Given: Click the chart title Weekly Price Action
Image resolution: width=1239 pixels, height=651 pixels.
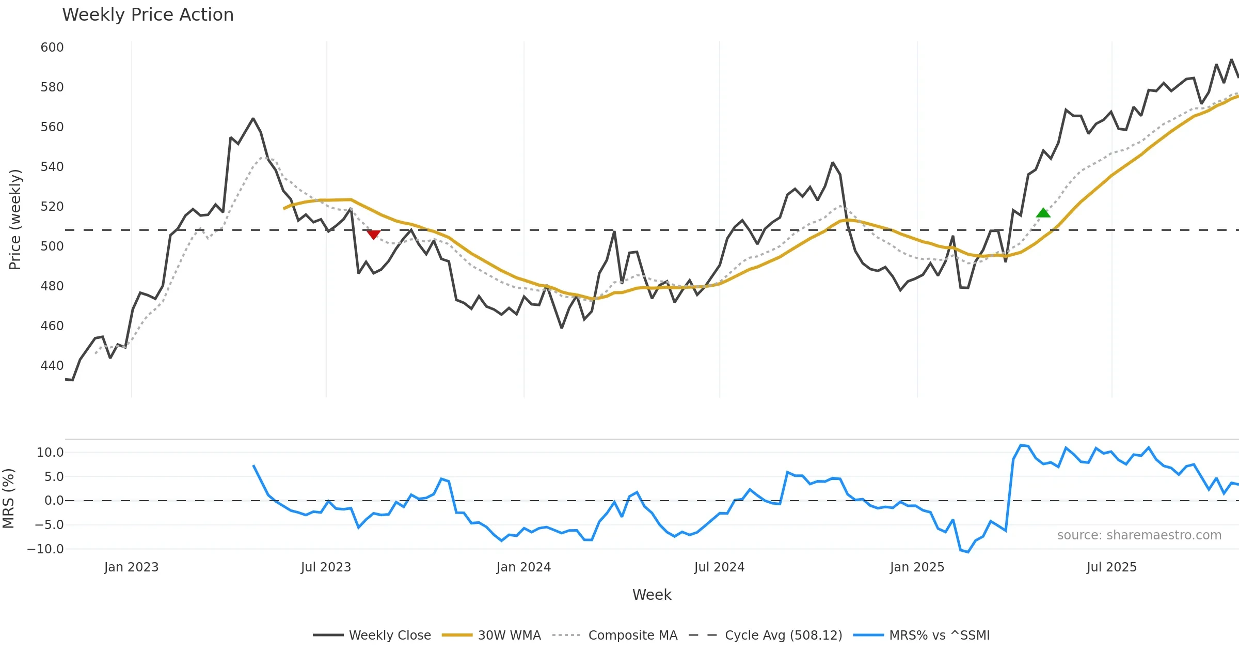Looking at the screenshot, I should tap(148, 14).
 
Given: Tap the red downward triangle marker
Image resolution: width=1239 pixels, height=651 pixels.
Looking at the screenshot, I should tap(373, 235).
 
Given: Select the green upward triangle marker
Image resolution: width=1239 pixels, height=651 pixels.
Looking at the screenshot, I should tap(1043, 213).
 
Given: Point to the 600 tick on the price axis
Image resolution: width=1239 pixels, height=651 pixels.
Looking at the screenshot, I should tap(52, 48).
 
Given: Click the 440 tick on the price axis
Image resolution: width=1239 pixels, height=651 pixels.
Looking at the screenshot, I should tap(52, 366).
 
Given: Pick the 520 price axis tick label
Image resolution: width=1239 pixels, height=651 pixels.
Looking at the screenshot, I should tap(52, 207).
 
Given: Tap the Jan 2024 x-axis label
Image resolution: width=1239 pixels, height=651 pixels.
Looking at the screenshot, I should tap(523, 567).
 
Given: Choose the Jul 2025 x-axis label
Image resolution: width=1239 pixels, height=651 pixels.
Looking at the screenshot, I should tap(1111, 567).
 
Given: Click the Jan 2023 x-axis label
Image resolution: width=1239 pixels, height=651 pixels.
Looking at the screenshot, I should tap(131, 567).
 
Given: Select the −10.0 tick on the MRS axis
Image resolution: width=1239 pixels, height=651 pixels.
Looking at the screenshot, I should tap(45, 549).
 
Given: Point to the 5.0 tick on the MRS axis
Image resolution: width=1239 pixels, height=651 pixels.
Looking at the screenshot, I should tap(54, 477).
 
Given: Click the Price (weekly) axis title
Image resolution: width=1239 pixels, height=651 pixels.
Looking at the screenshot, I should tap(15, 220).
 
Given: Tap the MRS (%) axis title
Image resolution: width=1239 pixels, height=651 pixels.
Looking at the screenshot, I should tap(8, 499).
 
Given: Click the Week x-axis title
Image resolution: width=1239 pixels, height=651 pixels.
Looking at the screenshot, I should tap(652, 595).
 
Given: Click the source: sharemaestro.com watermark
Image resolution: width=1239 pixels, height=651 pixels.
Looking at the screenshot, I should tap(1139, 535).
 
